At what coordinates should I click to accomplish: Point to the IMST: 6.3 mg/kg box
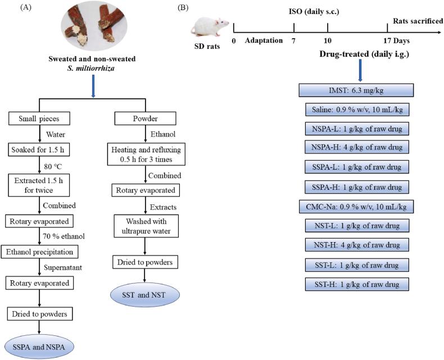(358, 90)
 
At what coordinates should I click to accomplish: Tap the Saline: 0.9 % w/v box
(358, 110)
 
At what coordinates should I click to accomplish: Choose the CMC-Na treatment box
(358, 206)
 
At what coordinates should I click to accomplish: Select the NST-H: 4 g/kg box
(358, 245)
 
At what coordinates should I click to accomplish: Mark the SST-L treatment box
(358, 265)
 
